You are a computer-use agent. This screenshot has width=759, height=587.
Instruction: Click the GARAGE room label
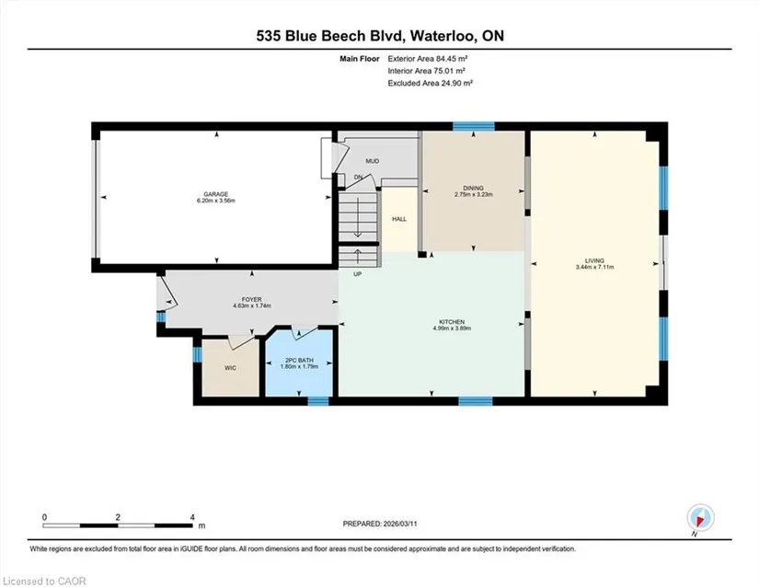coord(216,194)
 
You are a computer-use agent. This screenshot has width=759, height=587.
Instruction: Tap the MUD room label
coord(373,161)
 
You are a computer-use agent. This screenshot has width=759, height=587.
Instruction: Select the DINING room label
coord(474,188)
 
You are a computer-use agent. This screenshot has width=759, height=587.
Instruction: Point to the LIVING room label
coord(594,260)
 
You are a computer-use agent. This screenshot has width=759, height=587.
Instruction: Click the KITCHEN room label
coord(452,322)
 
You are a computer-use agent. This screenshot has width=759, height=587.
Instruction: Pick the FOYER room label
coord(252,300)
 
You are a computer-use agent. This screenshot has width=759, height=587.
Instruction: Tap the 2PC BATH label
coord(299,360)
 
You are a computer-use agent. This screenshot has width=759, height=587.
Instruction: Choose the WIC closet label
coord(230,368)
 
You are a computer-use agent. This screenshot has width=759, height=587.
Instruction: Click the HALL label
coord(399,219)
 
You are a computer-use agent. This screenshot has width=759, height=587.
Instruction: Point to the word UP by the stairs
coord(358,274)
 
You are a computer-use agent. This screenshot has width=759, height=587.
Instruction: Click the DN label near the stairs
coord(358,178)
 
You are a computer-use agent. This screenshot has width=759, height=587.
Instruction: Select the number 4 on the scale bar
coord(192,517)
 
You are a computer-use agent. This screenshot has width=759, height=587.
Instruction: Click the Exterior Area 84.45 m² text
coord(428,59)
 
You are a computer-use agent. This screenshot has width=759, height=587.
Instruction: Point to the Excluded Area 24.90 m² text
coord(430,83)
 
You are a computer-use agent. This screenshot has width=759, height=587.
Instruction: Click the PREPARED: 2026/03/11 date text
coord(380,524)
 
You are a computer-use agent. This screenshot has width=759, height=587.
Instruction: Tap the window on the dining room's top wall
coord(474,127)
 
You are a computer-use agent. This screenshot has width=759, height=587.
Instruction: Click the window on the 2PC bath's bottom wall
coord(318,401)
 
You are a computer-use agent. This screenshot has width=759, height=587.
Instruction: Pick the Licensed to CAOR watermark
coord(44,581)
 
